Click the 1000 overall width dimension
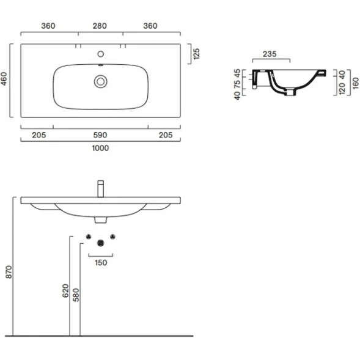(x=100, y=148)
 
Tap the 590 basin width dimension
(x=100, y=135)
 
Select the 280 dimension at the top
(x=100, y=26)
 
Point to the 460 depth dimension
(x=4, y=79)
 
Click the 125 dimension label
(x=197, y=54)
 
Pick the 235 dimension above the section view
(x=270, y=54)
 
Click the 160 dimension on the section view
(x=355, y=83)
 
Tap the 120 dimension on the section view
(x=342, y=89)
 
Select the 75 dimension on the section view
(x=237, y=84)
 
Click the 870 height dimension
(x=9, y=272)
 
